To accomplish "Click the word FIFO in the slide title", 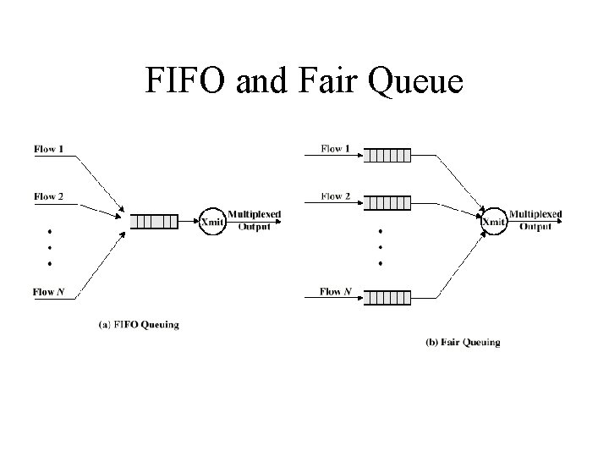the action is [x=185, y=80].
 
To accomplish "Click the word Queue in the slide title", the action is [x=415, y=81].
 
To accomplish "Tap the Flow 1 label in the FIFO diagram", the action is [x=48, y=149].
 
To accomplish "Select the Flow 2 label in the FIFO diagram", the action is [x=48, y=196].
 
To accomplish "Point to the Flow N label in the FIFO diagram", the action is [x=48, y=292].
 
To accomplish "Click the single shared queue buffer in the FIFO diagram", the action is [x=154, y=222].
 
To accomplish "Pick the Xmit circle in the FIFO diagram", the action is [x=212, y=222].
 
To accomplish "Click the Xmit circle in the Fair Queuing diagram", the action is [x=494, y=222].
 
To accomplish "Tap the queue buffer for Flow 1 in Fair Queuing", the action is [x=387, y=156].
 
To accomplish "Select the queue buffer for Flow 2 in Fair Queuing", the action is [x=387, y=203].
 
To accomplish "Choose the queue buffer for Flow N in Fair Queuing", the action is [x=387, y=298].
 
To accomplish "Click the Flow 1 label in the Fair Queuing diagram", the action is [x=335, y=148].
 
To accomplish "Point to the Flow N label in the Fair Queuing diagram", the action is [x=336, y=291].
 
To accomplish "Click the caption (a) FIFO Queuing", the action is [x=139, y=324].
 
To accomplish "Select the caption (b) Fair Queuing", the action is [x=463, y=343].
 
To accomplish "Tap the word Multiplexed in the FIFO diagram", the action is [x=254, y=214].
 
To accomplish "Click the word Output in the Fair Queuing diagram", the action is [x=535, y=227].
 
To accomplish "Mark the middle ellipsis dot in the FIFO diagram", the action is [x=50, y=247].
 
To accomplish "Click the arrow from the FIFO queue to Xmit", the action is [x=189, y=222].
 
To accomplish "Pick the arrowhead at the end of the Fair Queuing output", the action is [x=559, y=221].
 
